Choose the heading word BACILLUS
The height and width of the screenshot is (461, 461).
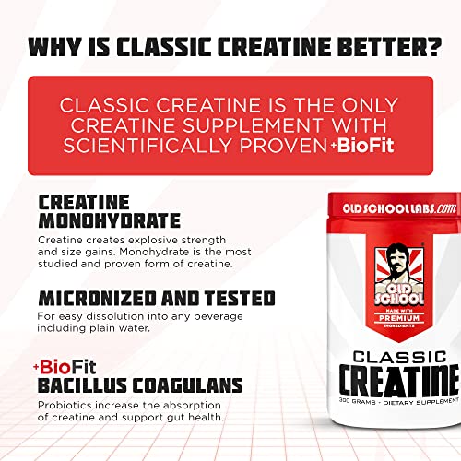76,384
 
